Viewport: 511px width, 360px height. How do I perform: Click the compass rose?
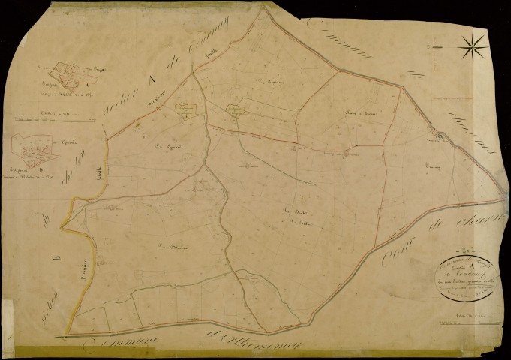point(473,49)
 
